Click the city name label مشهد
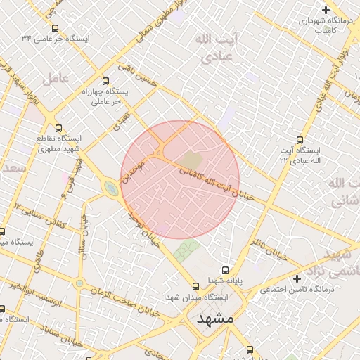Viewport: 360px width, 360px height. coord(215,319)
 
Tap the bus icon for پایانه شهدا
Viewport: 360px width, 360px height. coord(225,269)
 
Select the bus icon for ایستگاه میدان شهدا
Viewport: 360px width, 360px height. coord(196,285)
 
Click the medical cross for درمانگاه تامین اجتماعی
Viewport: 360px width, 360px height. coord(297,278)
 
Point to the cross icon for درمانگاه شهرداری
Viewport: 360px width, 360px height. coord(325,10)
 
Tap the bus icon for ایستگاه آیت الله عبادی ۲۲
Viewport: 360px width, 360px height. coord(300,140)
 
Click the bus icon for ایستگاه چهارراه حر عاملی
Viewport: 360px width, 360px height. coord(106,81)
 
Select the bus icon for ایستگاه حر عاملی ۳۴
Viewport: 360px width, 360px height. coord(58,27)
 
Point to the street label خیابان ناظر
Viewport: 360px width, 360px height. coord(270,250)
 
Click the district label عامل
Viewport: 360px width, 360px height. coord(56,78)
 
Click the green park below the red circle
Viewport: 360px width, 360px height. coord(186,250)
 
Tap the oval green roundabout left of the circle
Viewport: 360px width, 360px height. coord(111,188)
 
